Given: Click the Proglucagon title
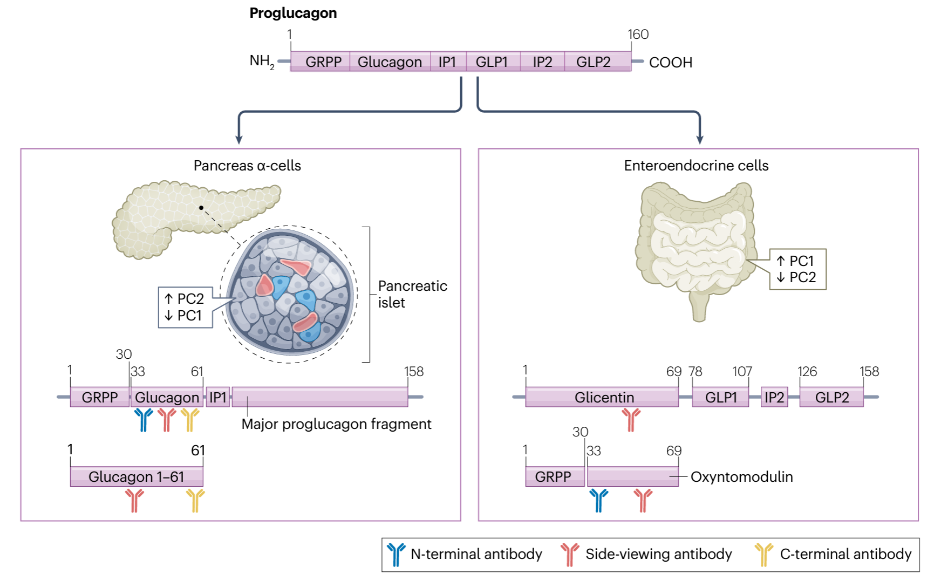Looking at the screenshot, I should click(x=293, y=13).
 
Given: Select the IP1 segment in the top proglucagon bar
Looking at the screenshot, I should click(x=447, y=62).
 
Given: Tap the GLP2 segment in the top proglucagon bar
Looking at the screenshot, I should click(x=594, y=62).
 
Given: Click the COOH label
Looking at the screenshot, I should click(x=670, y=63).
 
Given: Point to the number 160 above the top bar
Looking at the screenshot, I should click(x=638, y=35).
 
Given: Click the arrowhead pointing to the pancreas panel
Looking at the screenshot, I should click(x=238, y=140).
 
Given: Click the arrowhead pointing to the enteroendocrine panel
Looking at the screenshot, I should click(x=700, y=140).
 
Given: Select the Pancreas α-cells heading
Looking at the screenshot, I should click(x=247, y=166).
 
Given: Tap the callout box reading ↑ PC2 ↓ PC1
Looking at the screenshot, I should click(x=185, y=308).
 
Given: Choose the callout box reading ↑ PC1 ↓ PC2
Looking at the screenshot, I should click(x=797, y=269).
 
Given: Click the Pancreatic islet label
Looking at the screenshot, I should click(x=412, y=294).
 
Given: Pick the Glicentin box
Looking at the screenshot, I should click(x=602, y=398).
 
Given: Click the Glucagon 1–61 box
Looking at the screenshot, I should click(x=137, y=477).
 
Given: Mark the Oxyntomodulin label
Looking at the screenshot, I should click(x=741, y=477).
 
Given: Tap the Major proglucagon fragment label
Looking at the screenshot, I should click(x=336, y=424).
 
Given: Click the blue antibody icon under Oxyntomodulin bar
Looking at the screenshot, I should click(x=598, y=500).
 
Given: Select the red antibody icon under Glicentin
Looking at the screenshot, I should click(x=631, y=420).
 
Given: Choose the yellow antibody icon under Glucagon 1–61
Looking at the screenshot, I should click(x=195, y=500).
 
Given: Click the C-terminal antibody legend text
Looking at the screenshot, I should click(x=845, y=554).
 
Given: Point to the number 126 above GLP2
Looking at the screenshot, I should click(x=807, y=372).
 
